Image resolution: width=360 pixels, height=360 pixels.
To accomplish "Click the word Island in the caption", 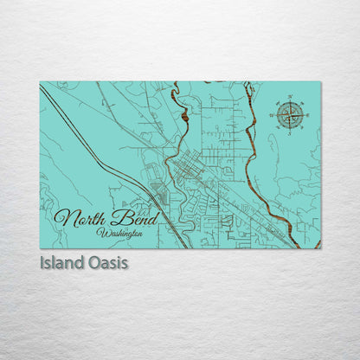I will pos(61,261).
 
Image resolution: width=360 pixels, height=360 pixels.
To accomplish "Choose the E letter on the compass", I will pos(305,113).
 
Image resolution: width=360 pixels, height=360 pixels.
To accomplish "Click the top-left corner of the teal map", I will pos(41,82).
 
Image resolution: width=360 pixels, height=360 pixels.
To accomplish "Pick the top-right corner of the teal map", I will pos(320,82).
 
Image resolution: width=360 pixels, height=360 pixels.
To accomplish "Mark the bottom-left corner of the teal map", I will pos(41,247).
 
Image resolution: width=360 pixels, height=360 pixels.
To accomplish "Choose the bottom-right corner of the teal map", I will pos(320,247).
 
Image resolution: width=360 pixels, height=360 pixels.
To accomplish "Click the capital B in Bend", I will pos(112,216).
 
